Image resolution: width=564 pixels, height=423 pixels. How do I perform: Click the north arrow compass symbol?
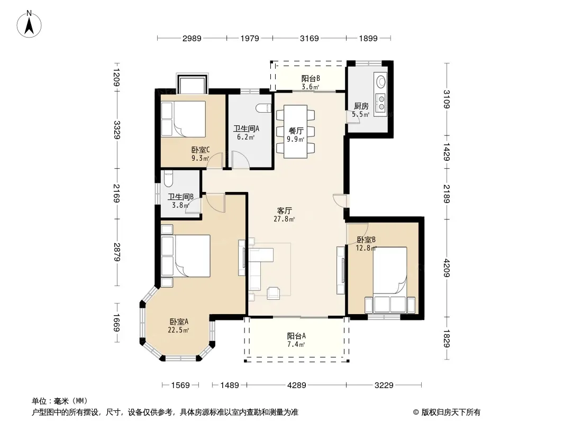[x=29, y=24]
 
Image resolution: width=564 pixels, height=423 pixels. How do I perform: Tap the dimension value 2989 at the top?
[x=192, y=39]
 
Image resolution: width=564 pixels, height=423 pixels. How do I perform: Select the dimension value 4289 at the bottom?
[x=297, y=385]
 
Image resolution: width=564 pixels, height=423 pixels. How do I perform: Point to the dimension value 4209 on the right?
[x=447, y=268]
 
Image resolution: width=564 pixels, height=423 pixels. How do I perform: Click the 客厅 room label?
[x=284, y=210]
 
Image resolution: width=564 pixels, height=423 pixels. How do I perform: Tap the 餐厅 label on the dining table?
[x=296, y=131]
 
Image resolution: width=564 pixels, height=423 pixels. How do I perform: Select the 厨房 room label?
[x=361, y=106]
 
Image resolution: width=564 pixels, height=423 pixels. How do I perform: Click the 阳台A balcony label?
[x=296, y=336]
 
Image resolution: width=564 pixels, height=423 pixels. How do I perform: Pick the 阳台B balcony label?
[x=311, y=79]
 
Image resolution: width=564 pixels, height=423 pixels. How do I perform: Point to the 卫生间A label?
[x=246, y=128]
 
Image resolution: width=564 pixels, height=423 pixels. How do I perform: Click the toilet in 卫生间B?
[x=168, y=178]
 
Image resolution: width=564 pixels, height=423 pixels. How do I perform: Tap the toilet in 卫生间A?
[x=263, y=108]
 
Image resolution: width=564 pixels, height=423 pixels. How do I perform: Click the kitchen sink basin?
[x=380, y=81]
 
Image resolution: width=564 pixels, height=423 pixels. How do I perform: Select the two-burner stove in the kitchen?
[x=380, y=102]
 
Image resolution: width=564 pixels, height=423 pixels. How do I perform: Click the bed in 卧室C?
[x=183, y=119]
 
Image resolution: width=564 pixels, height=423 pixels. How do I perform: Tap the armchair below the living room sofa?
[x=274, y=293]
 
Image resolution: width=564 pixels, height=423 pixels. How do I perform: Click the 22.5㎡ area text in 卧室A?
[x=178, y=330]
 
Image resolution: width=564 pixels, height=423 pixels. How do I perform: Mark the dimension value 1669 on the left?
[x=116, y=323]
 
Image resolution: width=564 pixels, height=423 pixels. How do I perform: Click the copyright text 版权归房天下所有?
[x=451, y=412]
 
